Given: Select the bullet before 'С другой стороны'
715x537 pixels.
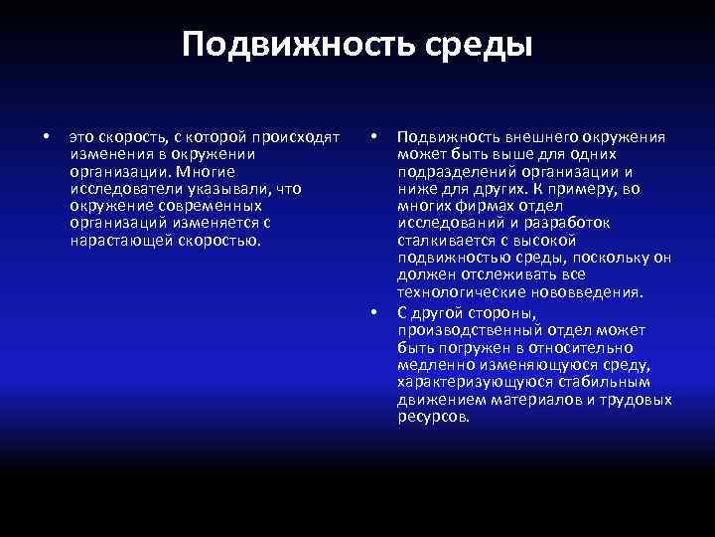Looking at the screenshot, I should tap(373, 312).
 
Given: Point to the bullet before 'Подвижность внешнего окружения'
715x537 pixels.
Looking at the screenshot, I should tap(373, 136).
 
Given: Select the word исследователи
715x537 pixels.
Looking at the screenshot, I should tap(119, 189).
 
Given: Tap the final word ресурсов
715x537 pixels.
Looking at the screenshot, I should tap(433, 416).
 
